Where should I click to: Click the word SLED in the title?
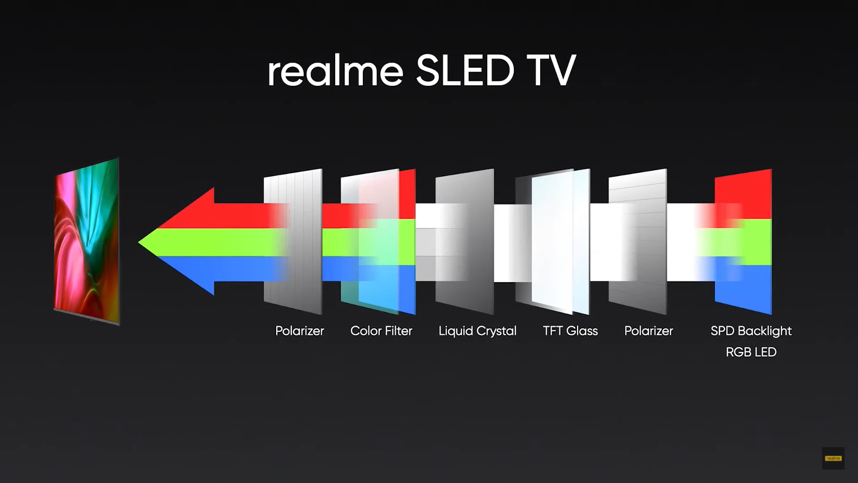465,70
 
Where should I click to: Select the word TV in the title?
551,71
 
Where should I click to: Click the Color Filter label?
381,331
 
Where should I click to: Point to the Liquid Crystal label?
477,331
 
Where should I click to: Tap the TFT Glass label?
570,331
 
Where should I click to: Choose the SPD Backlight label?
751,331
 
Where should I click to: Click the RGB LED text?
751,352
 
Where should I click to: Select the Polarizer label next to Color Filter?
299,331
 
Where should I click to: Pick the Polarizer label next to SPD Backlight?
648,331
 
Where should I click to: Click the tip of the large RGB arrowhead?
139,242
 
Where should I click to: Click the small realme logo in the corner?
833,458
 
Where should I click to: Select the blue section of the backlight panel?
744,288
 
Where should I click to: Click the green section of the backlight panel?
744,242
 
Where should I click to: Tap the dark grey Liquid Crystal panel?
465,241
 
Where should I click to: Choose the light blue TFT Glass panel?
560,241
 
